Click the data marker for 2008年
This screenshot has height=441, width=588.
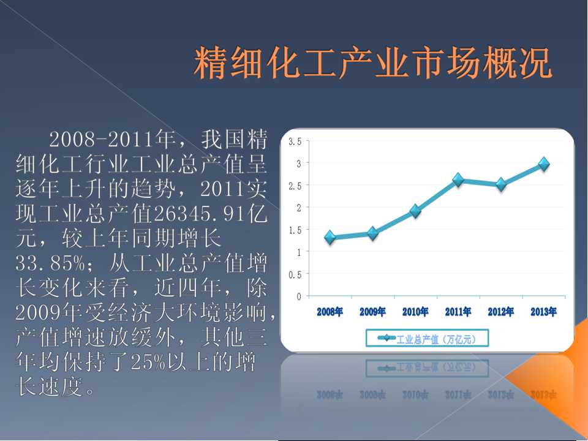(x=330, y=237)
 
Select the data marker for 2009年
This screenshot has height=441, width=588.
(x=373, y=233)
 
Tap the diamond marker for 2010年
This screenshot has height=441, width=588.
(x=415, y=211)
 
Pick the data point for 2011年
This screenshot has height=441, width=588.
(x=458, y=180)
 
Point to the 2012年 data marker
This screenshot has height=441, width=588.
(x=501, y=184)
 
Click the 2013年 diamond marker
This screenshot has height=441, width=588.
(x=544, y=164)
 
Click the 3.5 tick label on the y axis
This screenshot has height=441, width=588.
(x=295, y=141)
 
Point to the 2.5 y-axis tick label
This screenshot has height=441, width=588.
(x=295, y=186)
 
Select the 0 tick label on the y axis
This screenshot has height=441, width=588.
(x=299, y=296)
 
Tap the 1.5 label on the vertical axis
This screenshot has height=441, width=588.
(x=295, y=230)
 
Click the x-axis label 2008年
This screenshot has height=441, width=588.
(x=330, y=312)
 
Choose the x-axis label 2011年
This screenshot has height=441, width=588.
(x=458, y=312)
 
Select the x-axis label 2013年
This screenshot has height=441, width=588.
(x=544, y=312)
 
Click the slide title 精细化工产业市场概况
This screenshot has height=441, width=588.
(x=373, y=62)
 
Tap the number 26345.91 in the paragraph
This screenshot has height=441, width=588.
(x=199, y=214)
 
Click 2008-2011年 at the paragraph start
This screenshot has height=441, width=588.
(x=113, y=139)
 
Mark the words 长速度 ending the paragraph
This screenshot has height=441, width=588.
(x=50, y=386)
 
